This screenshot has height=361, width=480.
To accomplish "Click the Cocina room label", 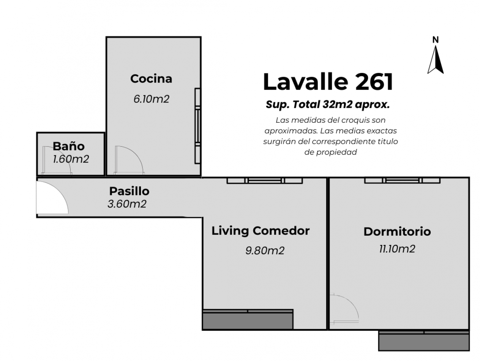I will [151, 79].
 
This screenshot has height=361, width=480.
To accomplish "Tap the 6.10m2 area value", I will [151, 99].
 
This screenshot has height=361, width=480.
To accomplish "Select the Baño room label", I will [68, 146].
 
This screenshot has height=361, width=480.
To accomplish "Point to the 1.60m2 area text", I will [71, 159].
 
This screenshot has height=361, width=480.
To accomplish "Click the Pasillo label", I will [129, 191].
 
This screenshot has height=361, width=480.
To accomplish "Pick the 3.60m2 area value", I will [127, 204].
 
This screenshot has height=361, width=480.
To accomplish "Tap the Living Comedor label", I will [261, 231].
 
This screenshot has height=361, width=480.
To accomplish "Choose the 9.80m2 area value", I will [265, 251].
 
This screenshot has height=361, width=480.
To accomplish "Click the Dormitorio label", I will [397, 231].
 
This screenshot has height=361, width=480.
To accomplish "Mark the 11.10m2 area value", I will [397, 249].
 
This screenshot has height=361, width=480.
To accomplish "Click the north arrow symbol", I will [436, 59].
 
